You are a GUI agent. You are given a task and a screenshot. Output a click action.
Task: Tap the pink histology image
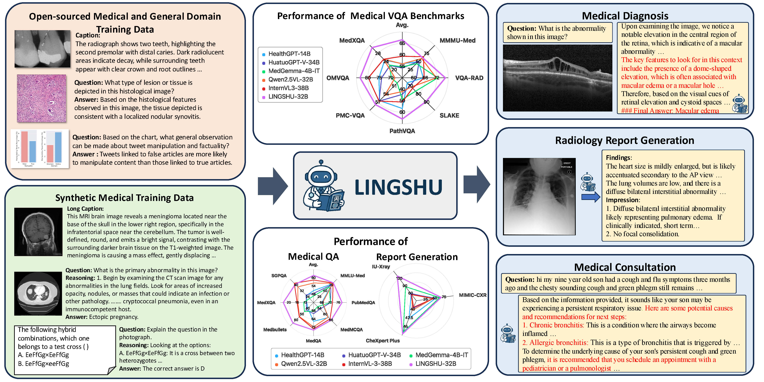[42, 98]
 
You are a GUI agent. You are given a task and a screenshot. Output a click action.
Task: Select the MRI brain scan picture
[38, 231]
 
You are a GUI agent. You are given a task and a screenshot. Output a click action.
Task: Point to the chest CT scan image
[38, 293]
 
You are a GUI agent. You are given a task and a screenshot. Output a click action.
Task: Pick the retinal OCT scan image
[557, 78]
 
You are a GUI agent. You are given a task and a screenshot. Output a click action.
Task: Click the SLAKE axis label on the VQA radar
[449, 115]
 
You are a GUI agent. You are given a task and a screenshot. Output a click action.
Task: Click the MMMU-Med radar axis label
[457, 41]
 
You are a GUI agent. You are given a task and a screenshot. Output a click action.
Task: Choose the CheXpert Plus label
[383, 341]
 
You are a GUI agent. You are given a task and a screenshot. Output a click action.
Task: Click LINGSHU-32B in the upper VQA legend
[288, 97]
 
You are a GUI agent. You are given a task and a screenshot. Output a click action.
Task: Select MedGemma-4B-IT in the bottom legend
[442, 355]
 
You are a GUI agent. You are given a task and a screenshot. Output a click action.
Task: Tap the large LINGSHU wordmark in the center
[398, 187]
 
